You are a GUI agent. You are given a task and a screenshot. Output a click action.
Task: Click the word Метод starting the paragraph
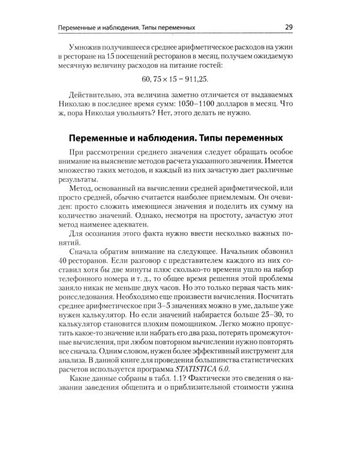point(82,190)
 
